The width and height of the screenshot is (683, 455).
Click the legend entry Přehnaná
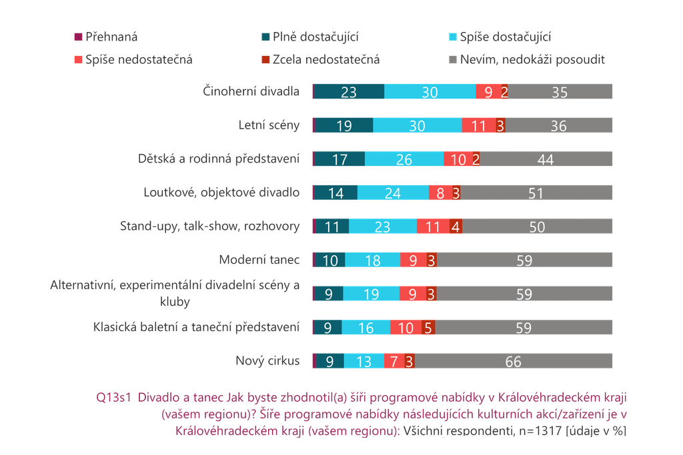[106, 37]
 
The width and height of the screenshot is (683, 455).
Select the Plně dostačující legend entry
[309, 37]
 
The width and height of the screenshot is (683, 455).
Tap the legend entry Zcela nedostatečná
[320, 59]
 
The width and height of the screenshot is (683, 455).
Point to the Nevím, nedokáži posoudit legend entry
[527, 59]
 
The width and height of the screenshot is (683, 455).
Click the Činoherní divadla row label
[251, 91]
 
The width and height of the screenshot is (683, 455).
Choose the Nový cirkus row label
[267, 360]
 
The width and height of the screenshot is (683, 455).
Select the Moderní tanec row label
[259, 260]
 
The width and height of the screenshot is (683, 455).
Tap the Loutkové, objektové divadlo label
[221, 193]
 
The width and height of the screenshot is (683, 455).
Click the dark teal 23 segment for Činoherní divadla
[350, 91]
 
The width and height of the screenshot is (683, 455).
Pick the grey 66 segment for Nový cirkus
[514, 361]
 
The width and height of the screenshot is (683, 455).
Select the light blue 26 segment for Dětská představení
[404, 159]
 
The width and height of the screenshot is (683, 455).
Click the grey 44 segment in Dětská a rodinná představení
[546, 159]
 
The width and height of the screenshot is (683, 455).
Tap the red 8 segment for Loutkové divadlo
[440, 193]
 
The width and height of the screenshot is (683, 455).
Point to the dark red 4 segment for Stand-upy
[456, 227]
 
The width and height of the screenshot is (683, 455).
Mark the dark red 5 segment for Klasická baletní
[428, 327]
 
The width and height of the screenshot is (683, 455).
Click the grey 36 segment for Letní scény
[559, 125]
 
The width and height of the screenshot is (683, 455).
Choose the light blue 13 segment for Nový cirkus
[364, 361]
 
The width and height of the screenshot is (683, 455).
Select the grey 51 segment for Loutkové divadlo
[536, 193]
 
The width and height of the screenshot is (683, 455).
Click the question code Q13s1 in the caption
[113, 398]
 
